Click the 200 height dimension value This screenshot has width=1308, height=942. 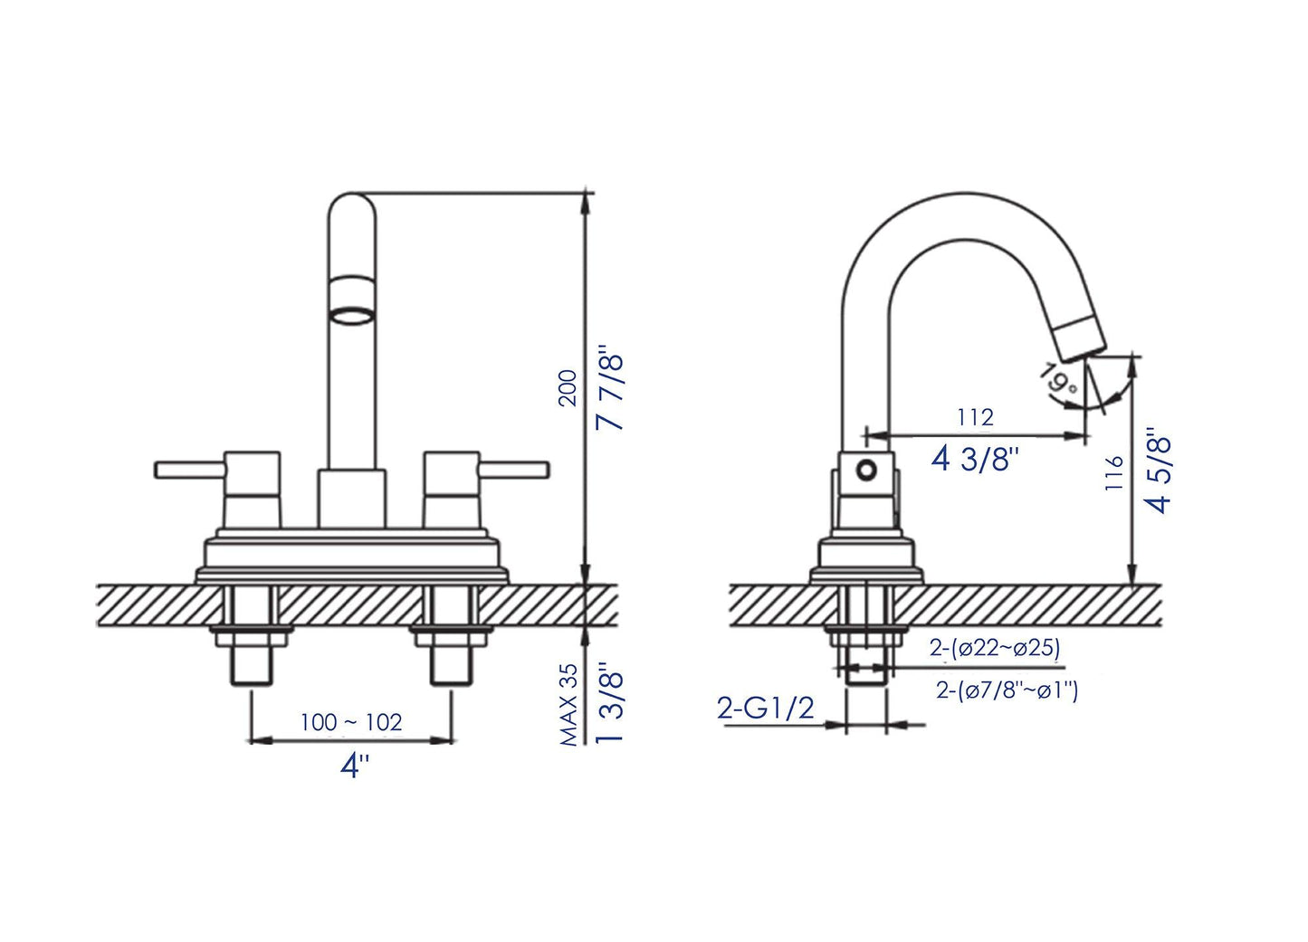(x=568, y=388)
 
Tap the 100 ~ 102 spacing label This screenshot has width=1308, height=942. (x=351, y=722)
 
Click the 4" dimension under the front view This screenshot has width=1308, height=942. (x=355, y=766)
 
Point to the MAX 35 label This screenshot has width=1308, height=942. (x=568, y=705)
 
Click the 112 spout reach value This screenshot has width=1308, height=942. (x=975, y=417)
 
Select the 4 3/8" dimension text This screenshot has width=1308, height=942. (x=975, y=459)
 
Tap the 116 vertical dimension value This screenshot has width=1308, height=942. (x=1114, y=473)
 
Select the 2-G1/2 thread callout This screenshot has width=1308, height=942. (x=766, y=708)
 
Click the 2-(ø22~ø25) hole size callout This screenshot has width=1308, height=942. (x=995, y=648)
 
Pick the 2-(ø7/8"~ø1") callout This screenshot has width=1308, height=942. (x=1007, y=690)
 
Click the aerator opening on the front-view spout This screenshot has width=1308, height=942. (x=351, y=318)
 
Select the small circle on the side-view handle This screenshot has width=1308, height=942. (x=866, y=471)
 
